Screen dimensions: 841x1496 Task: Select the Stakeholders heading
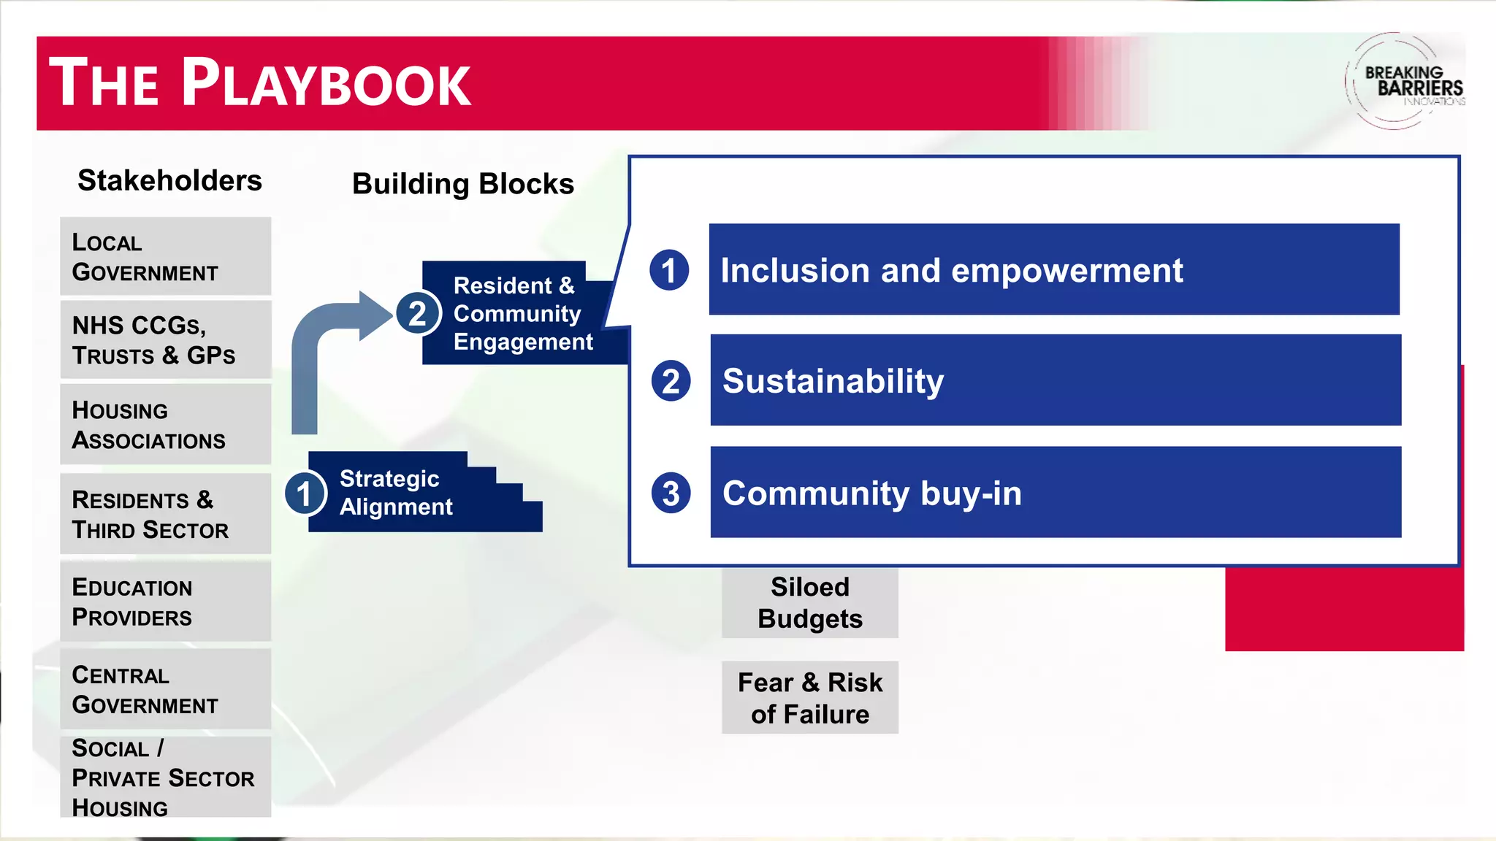tap(169, 180)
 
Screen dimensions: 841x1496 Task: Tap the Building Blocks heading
tap(463, 184)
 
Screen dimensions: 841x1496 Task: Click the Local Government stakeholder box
tap(165, 256)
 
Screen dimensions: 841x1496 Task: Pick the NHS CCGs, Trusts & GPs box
tap(165, 339)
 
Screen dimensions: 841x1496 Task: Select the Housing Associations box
tap(165, 424)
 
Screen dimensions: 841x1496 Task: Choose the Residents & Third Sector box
tap(165, 514)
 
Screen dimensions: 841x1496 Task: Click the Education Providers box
tap(165, 602)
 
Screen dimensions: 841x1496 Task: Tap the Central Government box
tap(165, 689)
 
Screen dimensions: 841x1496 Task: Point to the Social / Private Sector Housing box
tap(165, 777)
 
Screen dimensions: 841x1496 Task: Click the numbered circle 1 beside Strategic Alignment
tap(305, 494)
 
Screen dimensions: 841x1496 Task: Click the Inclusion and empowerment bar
tap(1053, 269)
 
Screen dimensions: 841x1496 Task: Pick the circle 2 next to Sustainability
tap(671, 381)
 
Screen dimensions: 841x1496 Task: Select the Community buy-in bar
tap(1055, 493)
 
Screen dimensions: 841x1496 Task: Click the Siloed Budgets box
tap(809, 602)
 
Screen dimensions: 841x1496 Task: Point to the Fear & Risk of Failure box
tap(809, 698)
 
